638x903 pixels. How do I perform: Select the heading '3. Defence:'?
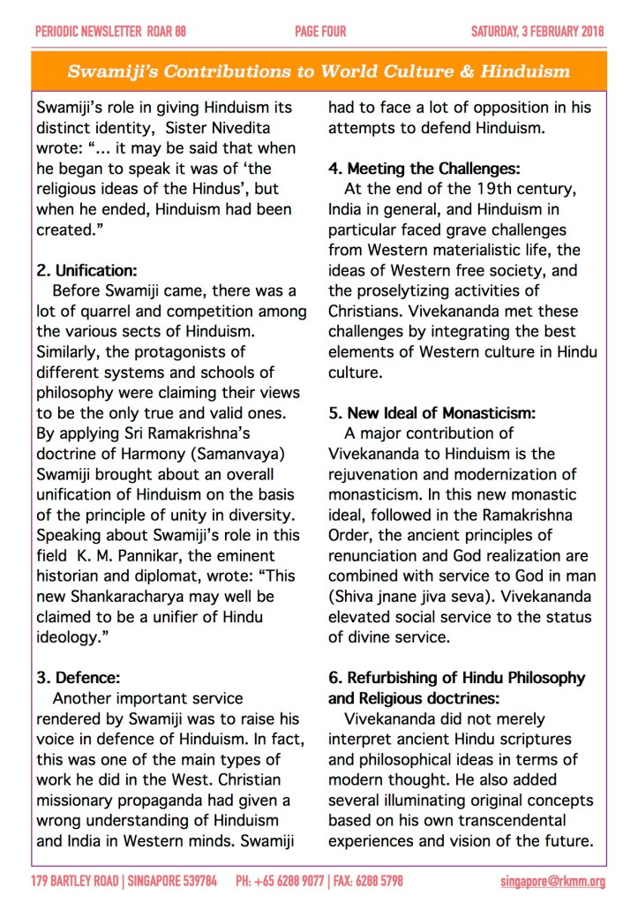76,678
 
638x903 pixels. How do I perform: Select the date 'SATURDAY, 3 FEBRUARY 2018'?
537,33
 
